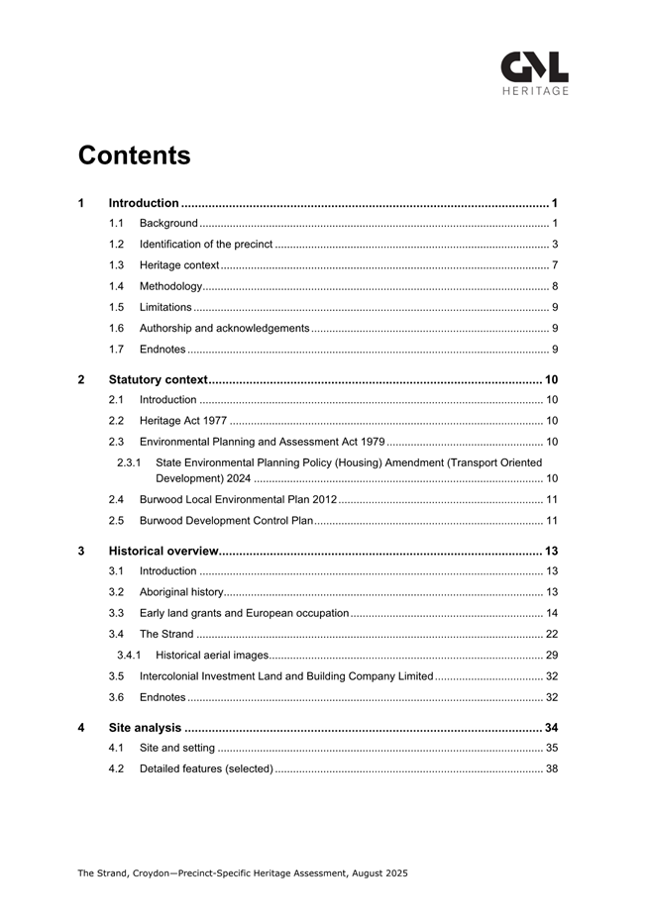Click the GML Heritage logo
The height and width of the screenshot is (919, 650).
[534, 73]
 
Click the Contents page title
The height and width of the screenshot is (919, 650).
[134, 155]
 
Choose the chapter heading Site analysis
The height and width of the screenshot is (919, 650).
[145, 728]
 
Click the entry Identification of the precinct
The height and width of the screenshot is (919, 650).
[206, 244]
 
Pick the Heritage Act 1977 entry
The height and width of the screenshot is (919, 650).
[183, 421]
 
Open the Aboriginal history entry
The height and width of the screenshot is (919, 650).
[181, 592]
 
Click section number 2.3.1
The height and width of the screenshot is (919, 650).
[129, 462]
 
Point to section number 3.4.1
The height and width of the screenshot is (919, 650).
[129, 655]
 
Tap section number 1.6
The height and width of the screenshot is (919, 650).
[116, 328]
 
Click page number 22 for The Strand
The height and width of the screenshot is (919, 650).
[552, 634]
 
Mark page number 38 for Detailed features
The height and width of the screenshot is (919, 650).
[552, 768]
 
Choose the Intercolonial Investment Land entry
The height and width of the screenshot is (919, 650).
[286, 675]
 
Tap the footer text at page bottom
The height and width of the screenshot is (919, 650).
[243, 873]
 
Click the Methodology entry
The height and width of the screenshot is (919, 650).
[170, 286]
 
